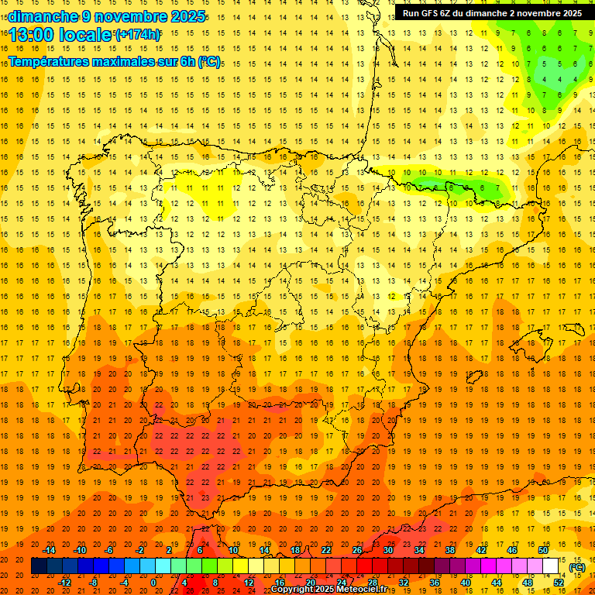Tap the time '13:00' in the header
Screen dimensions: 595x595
coord(36,34)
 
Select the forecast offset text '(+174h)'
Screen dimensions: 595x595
coord(138,34)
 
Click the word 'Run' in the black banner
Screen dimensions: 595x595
coord(411,13)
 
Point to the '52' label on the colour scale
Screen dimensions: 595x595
coord(559,582)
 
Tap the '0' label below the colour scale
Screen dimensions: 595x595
coord(153,582)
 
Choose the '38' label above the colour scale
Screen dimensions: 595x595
coord(450,550)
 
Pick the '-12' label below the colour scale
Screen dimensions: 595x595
coord(64,582)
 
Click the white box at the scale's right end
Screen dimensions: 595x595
coord(551,566)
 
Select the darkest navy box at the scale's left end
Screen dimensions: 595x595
coord(39,566)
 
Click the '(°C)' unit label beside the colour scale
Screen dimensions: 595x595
coord(576,566)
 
